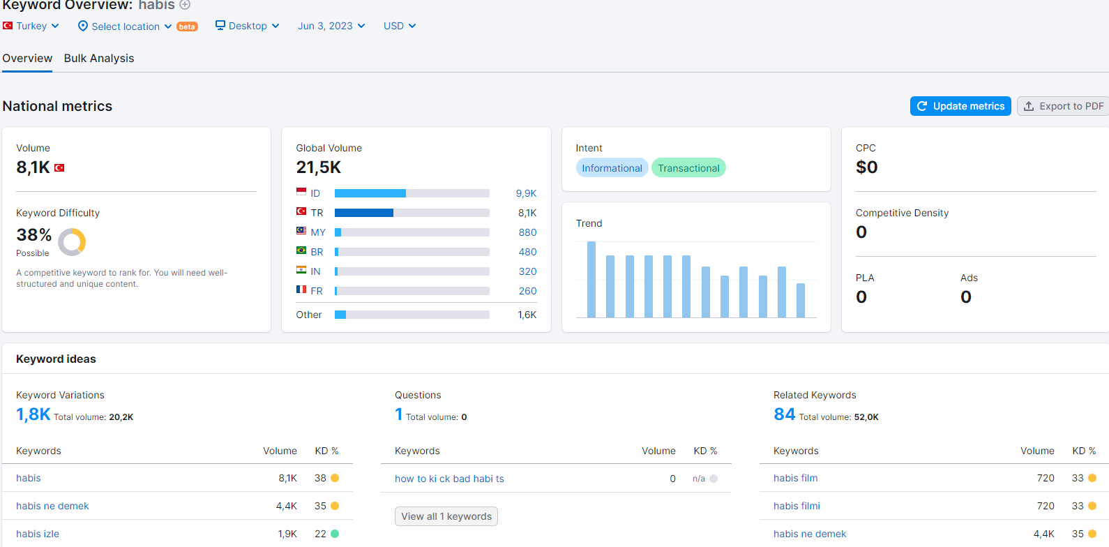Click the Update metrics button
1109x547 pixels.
(960, 106)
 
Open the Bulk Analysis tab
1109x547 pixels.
(99, 59)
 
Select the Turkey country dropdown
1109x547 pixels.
(31, 26)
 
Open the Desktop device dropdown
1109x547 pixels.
(248, 26)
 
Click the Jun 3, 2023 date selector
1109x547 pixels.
(331, 26)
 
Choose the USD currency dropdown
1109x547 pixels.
(400, 26)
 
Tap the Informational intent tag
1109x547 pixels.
(612, 168)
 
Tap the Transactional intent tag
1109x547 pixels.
(688, 168)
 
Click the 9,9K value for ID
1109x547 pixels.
(527, 193)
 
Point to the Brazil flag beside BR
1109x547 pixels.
(301, 250)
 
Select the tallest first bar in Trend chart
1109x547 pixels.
(591, 279)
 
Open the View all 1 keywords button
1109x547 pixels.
(446, 516)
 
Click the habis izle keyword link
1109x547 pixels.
(38, 534)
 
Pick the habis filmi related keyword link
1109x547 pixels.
(797, 506)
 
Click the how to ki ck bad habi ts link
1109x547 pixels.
(449, 479)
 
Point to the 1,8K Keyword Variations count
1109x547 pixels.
(33, 414)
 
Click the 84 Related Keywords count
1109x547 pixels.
(784, 414)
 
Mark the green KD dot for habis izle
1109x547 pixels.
(335, 534)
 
